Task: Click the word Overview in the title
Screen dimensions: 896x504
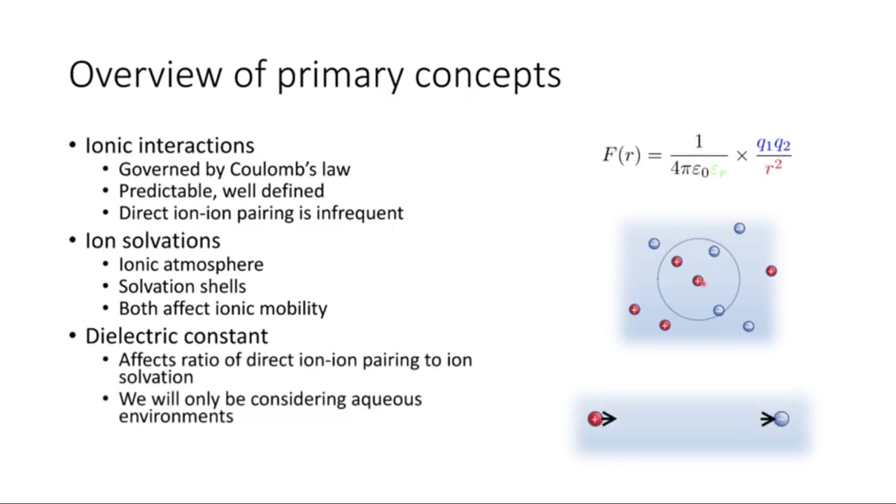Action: point(146,74)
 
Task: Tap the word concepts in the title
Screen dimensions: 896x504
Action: point(488,77)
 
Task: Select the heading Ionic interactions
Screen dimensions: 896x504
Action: point(169,145)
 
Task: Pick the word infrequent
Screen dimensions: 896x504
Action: point(360,213)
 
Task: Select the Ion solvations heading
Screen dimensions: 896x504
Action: point(153,241)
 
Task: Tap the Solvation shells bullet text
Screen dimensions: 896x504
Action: point(183,286)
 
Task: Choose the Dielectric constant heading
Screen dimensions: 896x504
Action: point(176,336)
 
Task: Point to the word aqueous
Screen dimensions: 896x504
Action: point(386,399)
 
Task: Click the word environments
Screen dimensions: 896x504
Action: point(176,416)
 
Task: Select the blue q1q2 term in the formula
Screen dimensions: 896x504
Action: point(773,144)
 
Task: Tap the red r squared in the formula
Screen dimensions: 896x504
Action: point(773,167)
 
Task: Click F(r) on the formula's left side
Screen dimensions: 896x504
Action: point(622,155)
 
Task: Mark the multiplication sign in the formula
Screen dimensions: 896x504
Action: point(741,155)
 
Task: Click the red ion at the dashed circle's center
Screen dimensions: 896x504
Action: point(699,281)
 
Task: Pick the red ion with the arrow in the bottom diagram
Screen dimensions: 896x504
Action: point(595,419)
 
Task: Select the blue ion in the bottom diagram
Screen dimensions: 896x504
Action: point(782,419)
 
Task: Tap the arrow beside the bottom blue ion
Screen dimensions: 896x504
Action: point(769,419)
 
